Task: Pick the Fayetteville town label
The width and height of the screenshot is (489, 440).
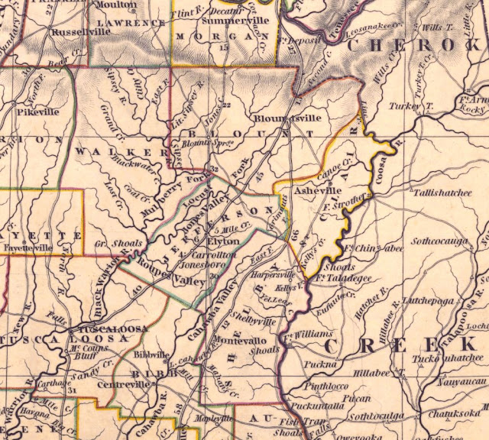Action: [28, 247]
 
